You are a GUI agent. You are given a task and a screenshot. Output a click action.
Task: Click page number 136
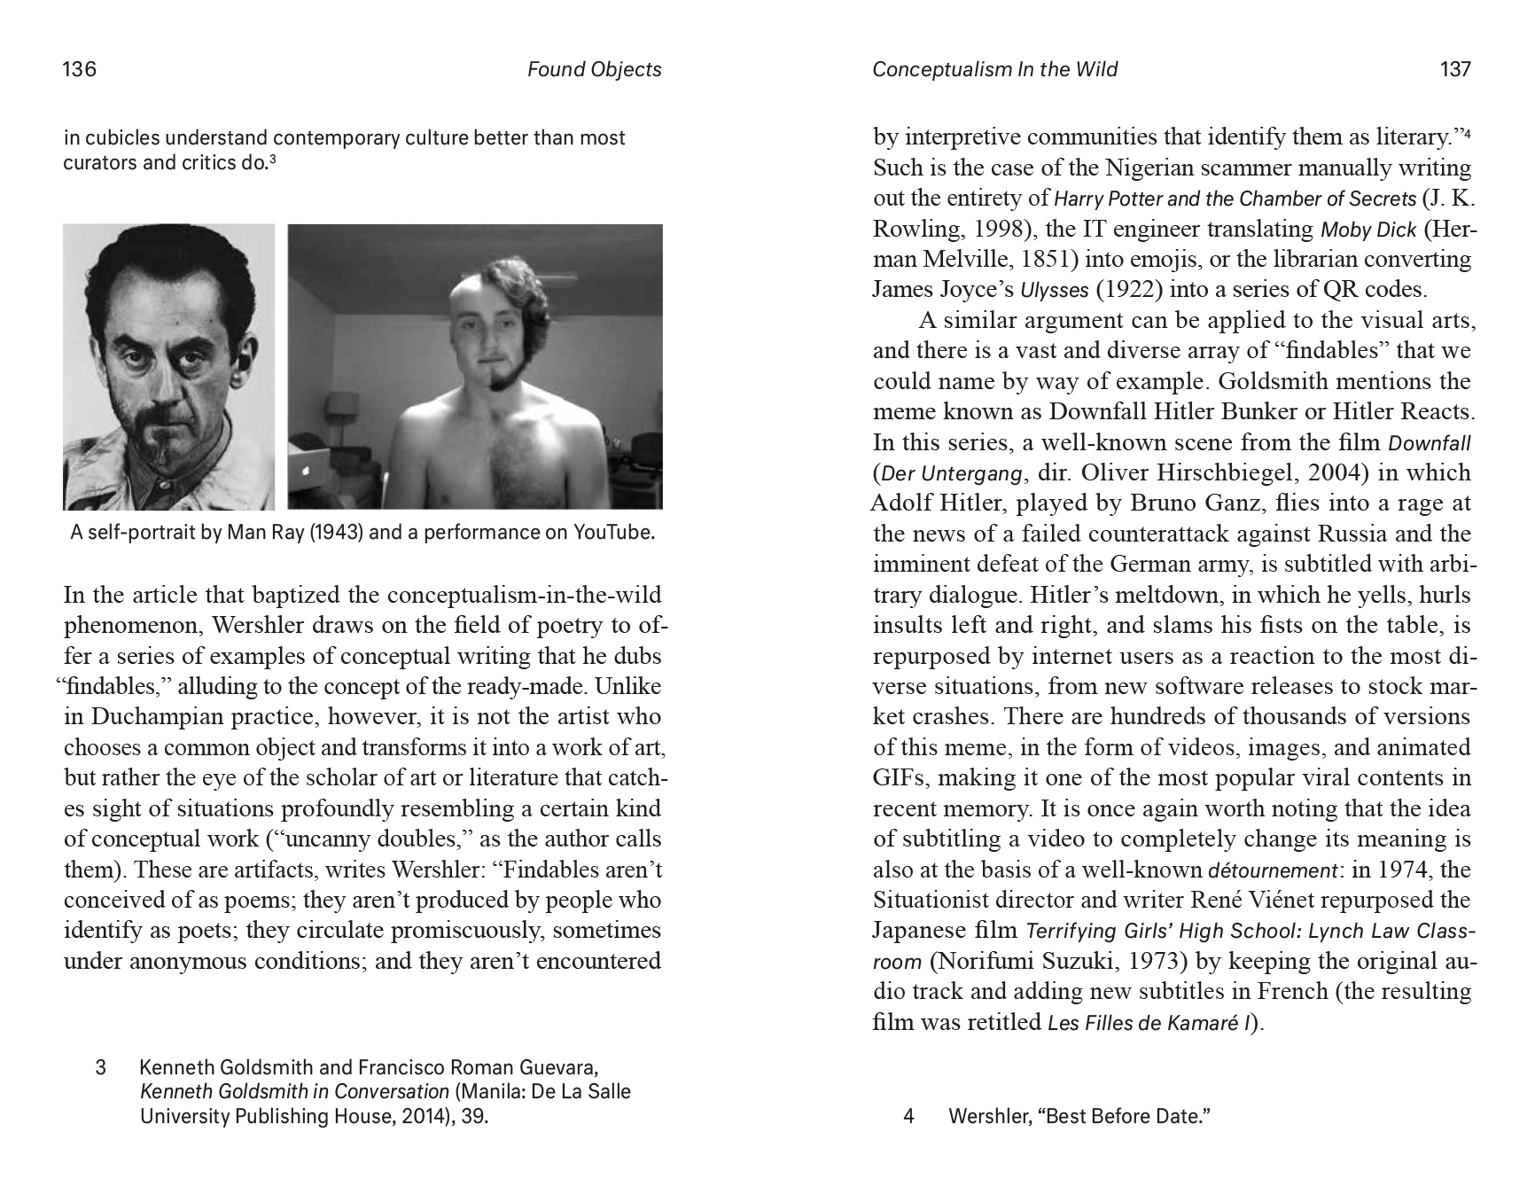79,69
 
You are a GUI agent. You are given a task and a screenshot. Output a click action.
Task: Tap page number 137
1455,69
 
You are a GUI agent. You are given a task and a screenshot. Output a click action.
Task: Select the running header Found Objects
594,69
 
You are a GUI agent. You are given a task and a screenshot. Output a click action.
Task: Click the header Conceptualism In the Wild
994,69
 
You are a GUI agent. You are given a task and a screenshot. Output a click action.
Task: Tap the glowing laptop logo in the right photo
308,472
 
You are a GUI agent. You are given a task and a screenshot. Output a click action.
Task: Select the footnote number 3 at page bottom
100,1067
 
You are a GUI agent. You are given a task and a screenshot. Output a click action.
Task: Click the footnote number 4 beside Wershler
908,1116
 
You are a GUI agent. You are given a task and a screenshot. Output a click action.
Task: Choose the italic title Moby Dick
1368,230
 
